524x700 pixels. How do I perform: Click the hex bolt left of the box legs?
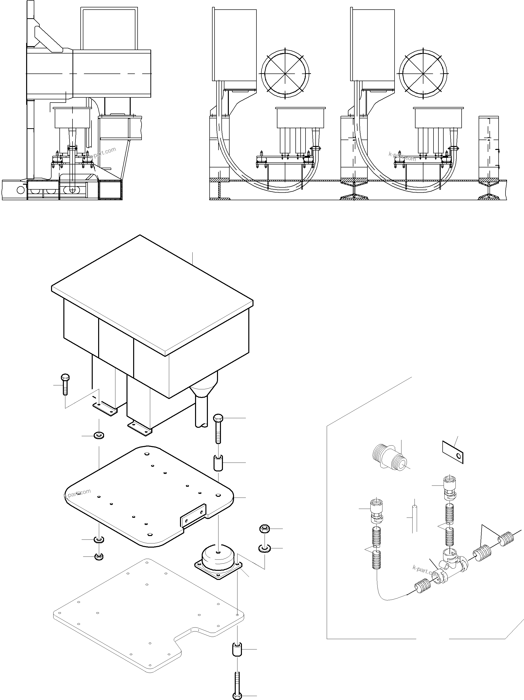click(x=65, y=384)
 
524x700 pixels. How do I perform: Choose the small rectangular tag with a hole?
click(x=452, y=452)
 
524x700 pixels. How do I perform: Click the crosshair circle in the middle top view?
click(x=285, y=73)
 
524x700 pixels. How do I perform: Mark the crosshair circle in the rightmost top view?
click(x=423, y=73)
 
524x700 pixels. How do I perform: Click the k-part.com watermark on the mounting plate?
click(x=77, y=494)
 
